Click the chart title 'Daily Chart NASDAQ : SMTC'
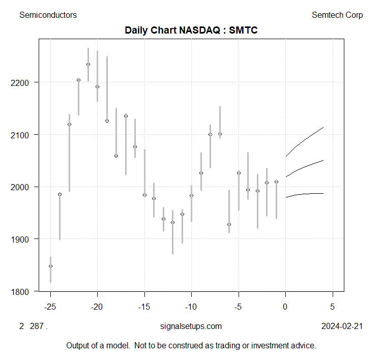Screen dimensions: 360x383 coord(191,31)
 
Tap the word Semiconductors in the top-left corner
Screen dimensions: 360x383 coord(48,15)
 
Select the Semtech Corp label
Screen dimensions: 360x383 coord(337,15)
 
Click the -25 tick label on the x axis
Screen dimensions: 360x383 coord(50,307)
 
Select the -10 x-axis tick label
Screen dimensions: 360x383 coord(191,307)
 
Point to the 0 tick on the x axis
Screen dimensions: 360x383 coord(286,307)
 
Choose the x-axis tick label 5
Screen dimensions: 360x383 coord(333,307)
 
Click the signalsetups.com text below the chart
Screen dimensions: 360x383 coord(191,326)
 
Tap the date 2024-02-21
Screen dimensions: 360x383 coord(342,326)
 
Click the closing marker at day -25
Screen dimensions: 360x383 coord(50,266)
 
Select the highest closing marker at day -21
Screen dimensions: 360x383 coord(88,64)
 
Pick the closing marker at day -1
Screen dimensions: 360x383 coord(276,182)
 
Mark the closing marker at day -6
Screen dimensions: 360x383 coord(229,224)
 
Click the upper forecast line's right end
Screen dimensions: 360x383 coord(323,127)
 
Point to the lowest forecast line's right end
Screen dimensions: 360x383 coord(323,193)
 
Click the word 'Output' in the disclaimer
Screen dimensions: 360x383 coord(78,346)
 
